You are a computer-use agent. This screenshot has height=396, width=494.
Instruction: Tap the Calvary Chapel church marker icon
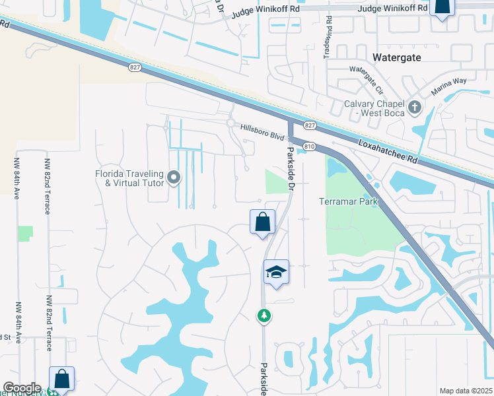point(414,106)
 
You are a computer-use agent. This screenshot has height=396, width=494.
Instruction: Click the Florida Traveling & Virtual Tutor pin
point(174,177)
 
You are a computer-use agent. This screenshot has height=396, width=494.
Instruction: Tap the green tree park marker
point(264,316)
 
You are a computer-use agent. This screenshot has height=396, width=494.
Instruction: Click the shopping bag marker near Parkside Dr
point(262,222)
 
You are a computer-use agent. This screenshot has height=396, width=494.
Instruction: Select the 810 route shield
point(308,146)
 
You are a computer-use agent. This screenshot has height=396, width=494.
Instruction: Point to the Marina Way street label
point(449,86)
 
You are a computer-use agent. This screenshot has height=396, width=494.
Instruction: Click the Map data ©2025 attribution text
point(466,391)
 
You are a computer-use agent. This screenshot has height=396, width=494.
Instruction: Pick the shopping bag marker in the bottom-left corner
point(61,379)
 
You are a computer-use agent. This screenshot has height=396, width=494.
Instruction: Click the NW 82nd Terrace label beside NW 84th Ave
point(48,187)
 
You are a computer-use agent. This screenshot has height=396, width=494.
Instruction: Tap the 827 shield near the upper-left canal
point(135,67)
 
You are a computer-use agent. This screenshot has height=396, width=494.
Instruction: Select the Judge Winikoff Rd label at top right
point(392,9)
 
